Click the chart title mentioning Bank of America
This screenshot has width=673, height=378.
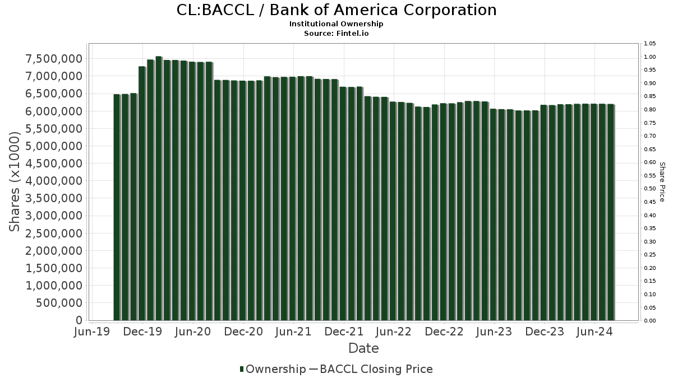(x=336, y=10)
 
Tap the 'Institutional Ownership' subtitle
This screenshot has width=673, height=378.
(x=336, y=24)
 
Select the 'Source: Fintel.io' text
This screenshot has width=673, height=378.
(x=336, y=33)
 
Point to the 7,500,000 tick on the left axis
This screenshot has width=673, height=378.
(x=54, y=59)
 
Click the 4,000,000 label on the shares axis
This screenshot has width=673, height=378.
(x=54, y=181)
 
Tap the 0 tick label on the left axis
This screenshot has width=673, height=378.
(x=79, y=320)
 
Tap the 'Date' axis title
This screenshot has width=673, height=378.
(x=363, y=348)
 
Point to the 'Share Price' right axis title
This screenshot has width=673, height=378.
(x=662, y=181)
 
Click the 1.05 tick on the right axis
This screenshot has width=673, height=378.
(x=649, y=44)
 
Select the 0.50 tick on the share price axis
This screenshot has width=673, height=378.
(x=649, y=189)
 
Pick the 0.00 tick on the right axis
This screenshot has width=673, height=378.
(x=649, y=321)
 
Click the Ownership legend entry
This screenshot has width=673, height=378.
(x=273, y=369)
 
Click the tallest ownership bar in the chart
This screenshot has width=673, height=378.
(x=159, y=188)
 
